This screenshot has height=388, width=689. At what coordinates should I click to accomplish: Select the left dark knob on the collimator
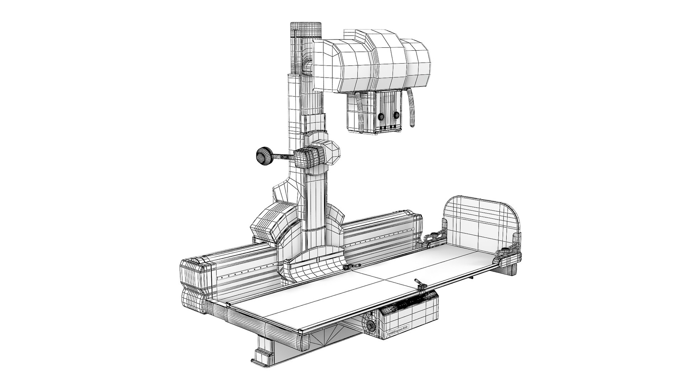[380, 116]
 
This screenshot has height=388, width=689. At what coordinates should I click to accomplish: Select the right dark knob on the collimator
[396, 115]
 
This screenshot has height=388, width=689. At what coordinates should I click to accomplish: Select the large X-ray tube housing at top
[373, 65]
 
